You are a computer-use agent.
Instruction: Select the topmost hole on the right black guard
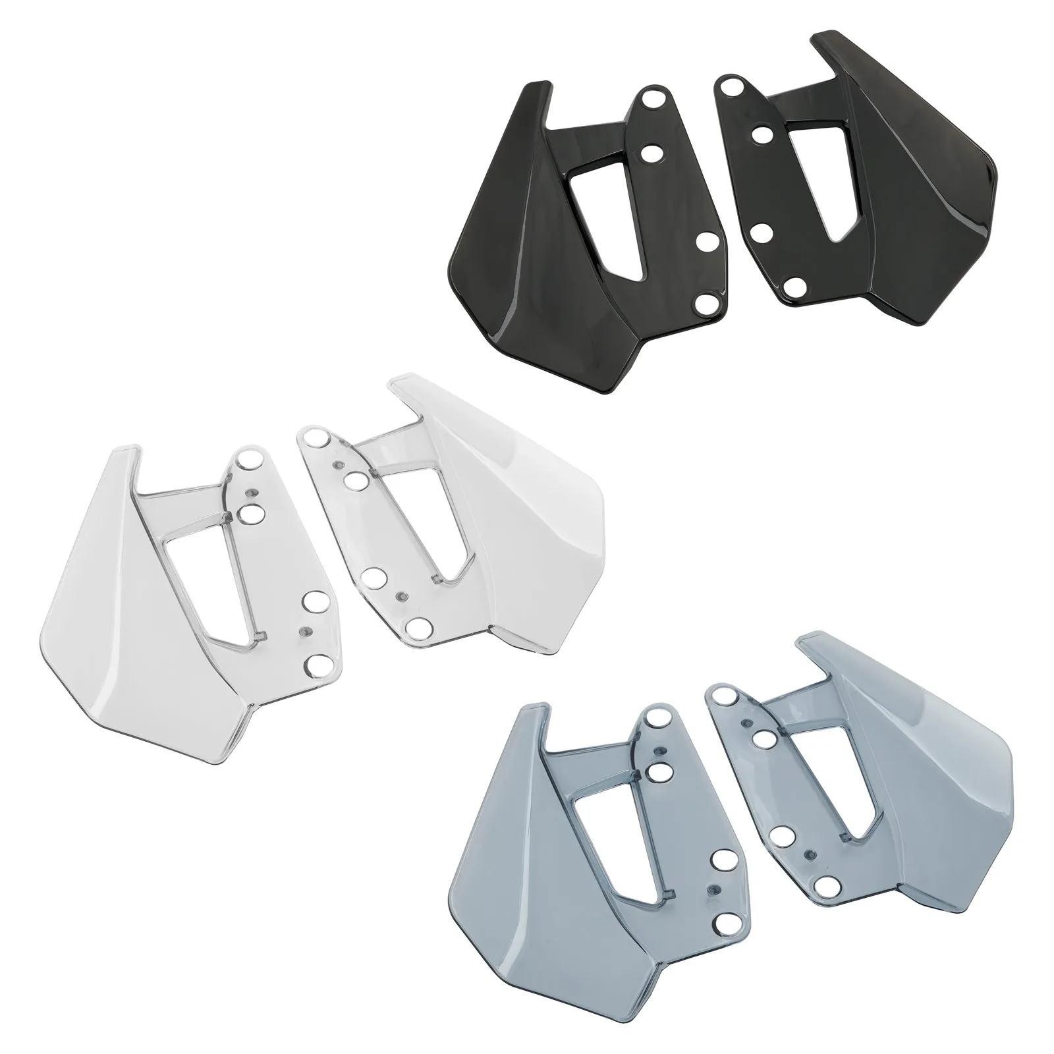(x=729, y=86)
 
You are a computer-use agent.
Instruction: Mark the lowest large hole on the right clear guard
(x=415, y=626)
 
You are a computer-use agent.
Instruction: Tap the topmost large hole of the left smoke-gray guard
(x=656, y=717)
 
